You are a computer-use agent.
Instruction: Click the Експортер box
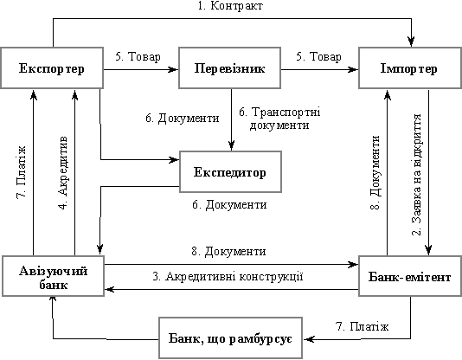tap(52, 68)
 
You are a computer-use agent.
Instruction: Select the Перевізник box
tap(229, 68)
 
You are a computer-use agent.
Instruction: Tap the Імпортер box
tap(410, 68)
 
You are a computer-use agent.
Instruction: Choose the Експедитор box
tap(230, 172)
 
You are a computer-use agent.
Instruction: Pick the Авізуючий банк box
tap(53, 276)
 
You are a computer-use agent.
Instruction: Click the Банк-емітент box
tap(410, 276)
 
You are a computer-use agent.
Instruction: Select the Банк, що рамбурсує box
tap(230, 337)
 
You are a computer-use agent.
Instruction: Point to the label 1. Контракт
tap(230, 6)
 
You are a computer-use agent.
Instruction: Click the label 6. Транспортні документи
tap(279, 119)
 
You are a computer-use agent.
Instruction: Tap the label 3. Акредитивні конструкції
tap(228, 277)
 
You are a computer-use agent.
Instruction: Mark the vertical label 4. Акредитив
tap(63, 172)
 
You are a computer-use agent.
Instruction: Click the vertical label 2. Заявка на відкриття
tap(417, 175)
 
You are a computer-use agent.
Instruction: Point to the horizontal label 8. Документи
tap(228, 252)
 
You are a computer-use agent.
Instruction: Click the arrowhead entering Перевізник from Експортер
tap(173, 70)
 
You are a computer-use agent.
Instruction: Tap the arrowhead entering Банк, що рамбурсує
tap(309, 339)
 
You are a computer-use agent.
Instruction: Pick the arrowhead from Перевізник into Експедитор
tap(231, 145)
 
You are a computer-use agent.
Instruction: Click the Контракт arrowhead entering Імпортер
tap(411, 42)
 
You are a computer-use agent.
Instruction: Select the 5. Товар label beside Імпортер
tap(318, 56)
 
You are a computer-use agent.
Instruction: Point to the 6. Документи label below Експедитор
tap(229, 205)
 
